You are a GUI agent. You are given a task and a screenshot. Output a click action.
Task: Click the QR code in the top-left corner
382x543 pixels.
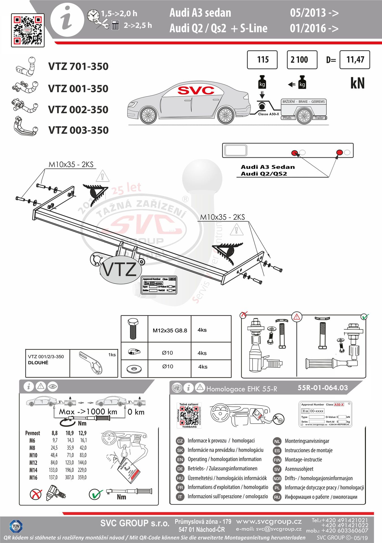pos(28,30)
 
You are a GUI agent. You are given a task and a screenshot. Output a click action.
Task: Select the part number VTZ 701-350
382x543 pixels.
pos(78,66)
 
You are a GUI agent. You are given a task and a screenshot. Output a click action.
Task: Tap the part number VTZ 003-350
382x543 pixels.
pos(78,130)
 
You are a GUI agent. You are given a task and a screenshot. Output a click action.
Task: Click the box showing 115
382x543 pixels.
pos(262,60)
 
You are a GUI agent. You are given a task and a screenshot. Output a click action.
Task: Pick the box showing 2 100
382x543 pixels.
pos(302,60)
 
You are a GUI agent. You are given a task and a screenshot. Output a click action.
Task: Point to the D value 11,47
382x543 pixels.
pos(355,60)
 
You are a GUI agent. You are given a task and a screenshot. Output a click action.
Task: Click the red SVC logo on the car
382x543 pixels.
pos(196,90)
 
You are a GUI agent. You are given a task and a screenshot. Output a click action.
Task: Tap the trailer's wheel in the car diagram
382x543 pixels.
pos(304,116)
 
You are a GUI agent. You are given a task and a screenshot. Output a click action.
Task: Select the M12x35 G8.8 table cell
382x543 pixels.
pos(170,330)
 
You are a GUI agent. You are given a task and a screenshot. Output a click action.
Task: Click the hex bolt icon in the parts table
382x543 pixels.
pos(133,329)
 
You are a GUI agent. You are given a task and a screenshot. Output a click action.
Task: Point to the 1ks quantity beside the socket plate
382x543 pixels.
pos(112,355)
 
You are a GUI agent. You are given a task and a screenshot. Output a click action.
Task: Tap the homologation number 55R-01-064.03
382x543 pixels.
pos(323,388)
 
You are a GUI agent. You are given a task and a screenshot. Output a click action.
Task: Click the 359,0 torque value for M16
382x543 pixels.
pos(82,477)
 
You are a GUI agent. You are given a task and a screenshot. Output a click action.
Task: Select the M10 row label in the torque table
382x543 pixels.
pos(33,455)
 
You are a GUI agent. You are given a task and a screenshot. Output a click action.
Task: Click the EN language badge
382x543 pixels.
pos(180,460)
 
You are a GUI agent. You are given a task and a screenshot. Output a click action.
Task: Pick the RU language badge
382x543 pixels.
pos(277,497)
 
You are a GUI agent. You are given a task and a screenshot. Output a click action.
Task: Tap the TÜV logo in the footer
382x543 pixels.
pos(16,527)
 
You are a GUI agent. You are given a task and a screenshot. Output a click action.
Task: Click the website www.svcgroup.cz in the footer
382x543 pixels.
pos(269,522)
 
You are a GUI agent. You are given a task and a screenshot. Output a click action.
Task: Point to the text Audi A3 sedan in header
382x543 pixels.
pos(200,13)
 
